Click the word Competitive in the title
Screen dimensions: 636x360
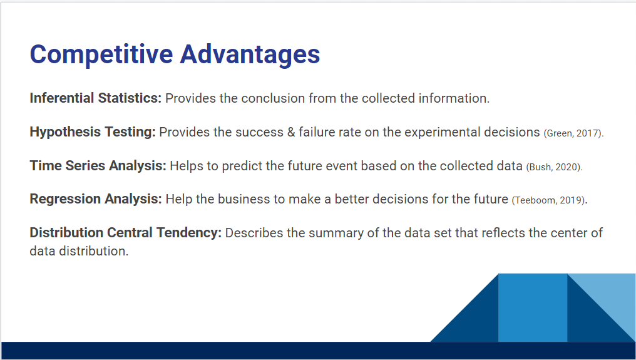click(101, 54)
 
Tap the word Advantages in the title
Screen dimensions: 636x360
click(250, 54)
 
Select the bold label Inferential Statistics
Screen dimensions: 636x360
click(96, 98)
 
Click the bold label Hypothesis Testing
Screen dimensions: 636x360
click(93, 132)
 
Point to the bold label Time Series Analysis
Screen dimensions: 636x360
click(98, 165)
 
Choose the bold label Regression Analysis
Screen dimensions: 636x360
click(96, 199)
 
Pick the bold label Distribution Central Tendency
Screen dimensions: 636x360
click(126, 232)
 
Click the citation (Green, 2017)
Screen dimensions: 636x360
click(573, 133)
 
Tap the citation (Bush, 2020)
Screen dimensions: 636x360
click(554, 167)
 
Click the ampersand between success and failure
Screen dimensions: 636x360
click(291, 132)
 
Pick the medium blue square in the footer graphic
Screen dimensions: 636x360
click(533, 307)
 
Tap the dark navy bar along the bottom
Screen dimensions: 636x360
click(318, 351)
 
